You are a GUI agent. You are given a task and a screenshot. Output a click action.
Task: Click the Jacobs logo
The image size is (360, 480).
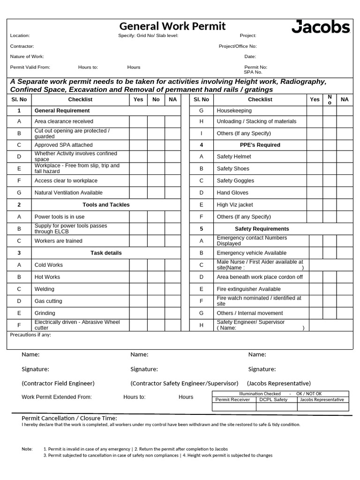[x=321, y=27]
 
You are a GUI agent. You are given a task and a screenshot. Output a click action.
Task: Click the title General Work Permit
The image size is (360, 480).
[x=172, y=26]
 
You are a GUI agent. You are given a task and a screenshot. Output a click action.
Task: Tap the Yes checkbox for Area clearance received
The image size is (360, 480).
[x=138, y=121]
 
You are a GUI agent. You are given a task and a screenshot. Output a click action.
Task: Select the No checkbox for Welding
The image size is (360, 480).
[x=156, y=289]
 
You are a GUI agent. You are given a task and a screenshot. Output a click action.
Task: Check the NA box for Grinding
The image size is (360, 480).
[x=172, y=313]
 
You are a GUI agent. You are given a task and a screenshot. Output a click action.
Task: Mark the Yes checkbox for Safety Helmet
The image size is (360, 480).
[x=315, y=157]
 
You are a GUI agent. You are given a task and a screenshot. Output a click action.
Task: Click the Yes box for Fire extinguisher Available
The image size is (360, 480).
[x=315, y=289]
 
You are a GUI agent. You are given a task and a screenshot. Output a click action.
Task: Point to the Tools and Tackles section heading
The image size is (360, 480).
[x=106, y=205]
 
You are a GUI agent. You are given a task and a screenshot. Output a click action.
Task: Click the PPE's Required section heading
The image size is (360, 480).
[x=260, y=145]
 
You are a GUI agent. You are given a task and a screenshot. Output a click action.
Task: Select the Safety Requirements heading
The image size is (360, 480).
[x=262, y=229]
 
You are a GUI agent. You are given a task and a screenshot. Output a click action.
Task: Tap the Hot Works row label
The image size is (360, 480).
[x=47, y=277]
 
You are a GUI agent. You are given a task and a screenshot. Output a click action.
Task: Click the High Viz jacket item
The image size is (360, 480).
[x=234, y=205]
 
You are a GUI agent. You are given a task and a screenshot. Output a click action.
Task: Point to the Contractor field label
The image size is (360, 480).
[x=22, y=46]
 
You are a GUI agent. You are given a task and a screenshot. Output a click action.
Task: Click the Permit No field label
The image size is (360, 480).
[x=255, y=67]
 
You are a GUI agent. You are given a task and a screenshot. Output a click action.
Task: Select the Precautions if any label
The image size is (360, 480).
[x=30, y=335]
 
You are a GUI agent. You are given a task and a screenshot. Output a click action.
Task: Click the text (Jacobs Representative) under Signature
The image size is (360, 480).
[x=279, y=383]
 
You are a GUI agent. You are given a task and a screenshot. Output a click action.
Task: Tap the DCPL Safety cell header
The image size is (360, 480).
[x=274, y=400]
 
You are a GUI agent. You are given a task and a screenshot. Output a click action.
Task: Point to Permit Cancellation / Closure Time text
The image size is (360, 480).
[x=69, y=418]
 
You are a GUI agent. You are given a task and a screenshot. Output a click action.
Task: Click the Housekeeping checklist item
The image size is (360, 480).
[x=234, y=111]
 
